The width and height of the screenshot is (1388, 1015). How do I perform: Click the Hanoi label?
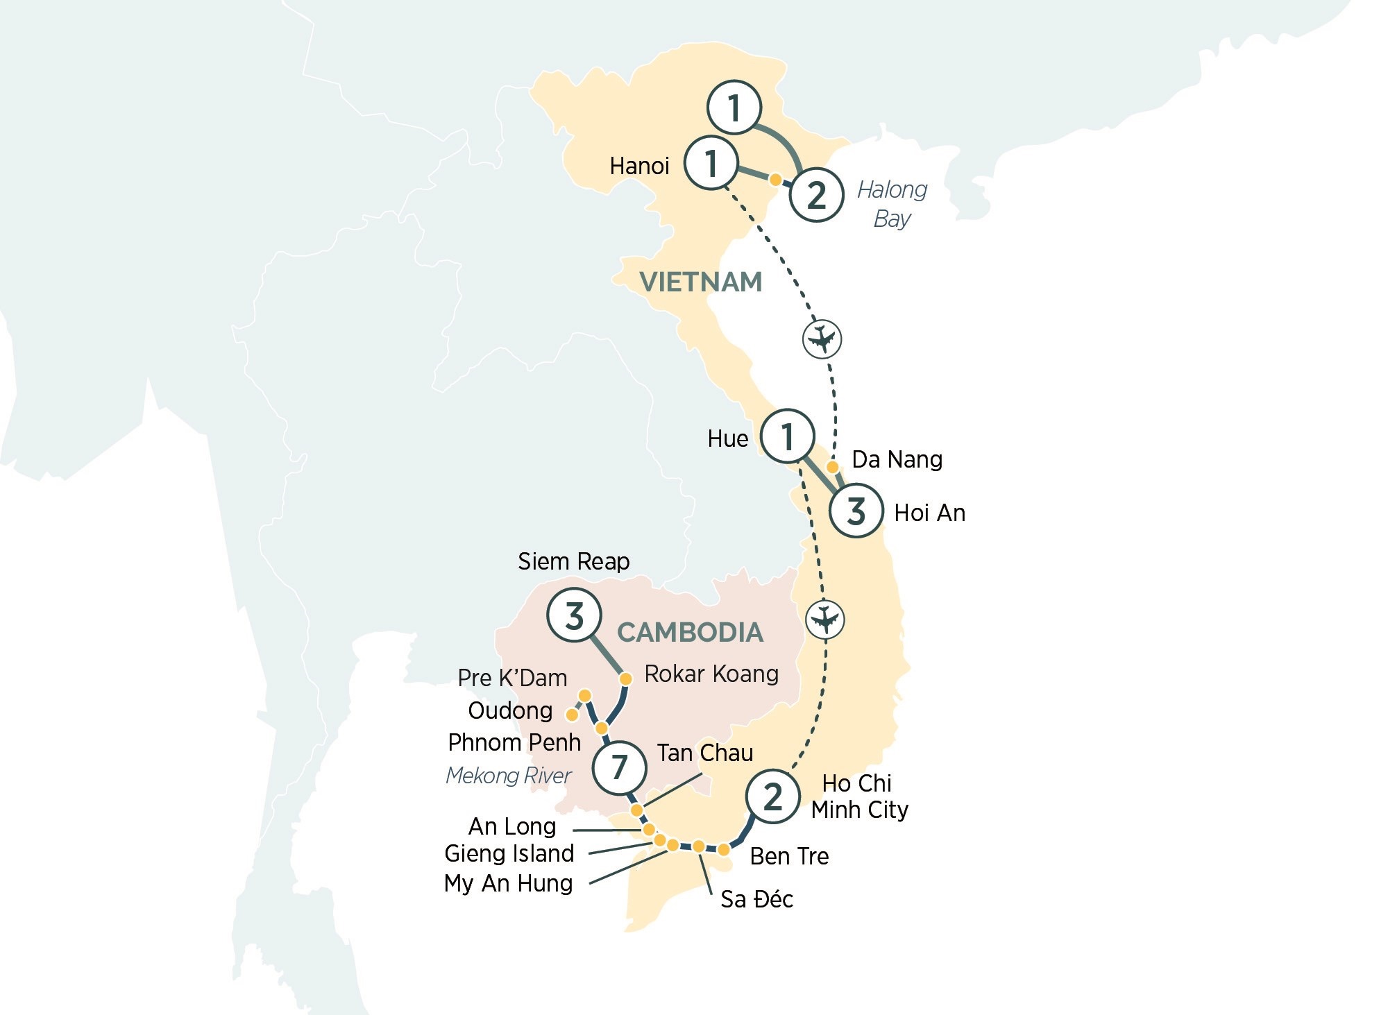[639, 166]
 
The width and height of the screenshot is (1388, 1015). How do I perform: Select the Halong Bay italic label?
[892, 204]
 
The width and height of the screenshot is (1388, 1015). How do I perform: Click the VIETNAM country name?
[700, 282]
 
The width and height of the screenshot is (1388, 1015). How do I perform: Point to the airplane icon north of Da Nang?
[822, 339]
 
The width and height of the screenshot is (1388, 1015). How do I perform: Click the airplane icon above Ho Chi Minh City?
[824, 619]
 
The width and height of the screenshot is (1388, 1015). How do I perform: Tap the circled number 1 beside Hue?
[787, 437]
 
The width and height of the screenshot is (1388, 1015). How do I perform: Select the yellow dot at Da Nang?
[833, 467]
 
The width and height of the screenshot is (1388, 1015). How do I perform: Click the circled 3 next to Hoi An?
[856, 511]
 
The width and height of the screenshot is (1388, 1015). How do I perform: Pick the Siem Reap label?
[573, 561]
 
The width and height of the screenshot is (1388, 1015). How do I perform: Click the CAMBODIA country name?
[690, 633]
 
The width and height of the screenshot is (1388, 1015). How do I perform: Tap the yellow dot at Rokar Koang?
[625, 679]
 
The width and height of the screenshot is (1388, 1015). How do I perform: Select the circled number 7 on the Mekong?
[619, 767]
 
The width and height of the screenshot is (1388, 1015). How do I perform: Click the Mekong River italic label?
[508, 776]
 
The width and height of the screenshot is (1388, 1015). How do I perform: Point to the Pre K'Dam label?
[512, 678]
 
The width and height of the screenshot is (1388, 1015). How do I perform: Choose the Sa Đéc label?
[756, 899]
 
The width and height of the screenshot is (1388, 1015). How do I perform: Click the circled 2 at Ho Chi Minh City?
[772, 796]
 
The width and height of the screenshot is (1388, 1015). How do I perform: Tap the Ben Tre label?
[789, 856]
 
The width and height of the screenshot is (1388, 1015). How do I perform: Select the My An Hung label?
[508, 883]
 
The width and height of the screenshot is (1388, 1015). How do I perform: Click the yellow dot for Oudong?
[573, 714]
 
